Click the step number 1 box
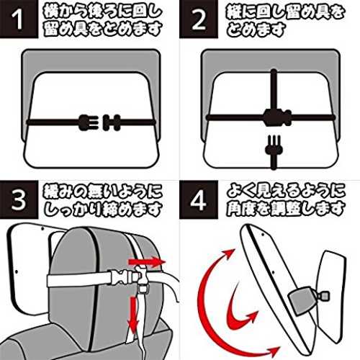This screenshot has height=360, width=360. tap(19, 19)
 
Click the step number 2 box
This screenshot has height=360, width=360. tap(199, 19)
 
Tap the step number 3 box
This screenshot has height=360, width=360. tap(19, 199)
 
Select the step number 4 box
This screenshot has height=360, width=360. tap(199, 199)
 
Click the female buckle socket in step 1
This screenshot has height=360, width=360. tap(112, 122)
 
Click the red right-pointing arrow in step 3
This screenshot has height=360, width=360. tap(147, 262)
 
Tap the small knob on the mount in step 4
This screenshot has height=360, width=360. tap(323, 296)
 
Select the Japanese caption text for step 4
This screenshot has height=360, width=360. tap(286, 201)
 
